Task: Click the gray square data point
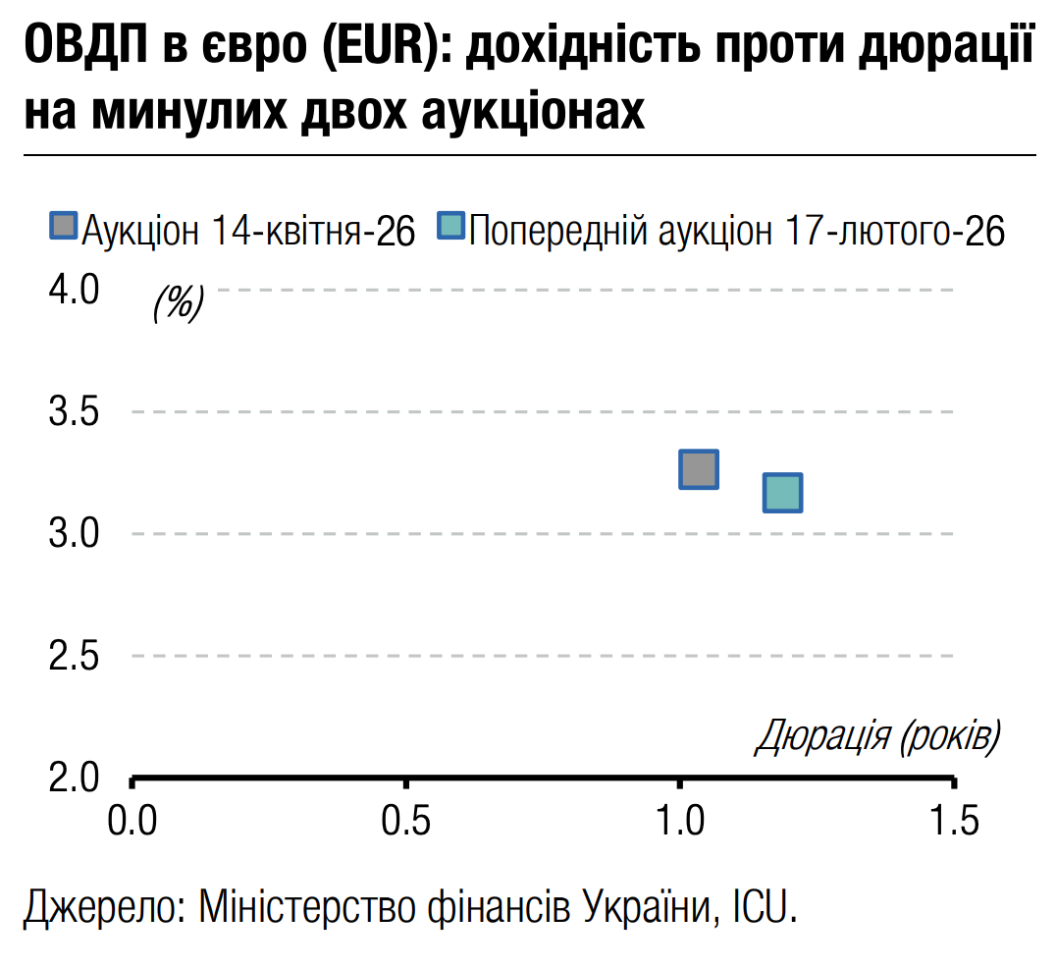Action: [x=699, y=469]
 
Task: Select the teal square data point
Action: [x=782, y=492]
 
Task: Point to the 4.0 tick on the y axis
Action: [x=75, y=291]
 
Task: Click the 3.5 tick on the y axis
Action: [x=75, y=412]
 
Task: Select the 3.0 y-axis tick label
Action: [x=75, y=535]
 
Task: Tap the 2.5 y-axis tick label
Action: [x=75, y=656]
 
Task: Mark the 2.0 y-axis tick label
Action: [x=75, y=778]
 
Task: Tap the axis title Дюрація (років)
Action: [x=876, y=736]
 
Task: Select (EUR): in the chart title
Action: [x=374, y=49]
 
